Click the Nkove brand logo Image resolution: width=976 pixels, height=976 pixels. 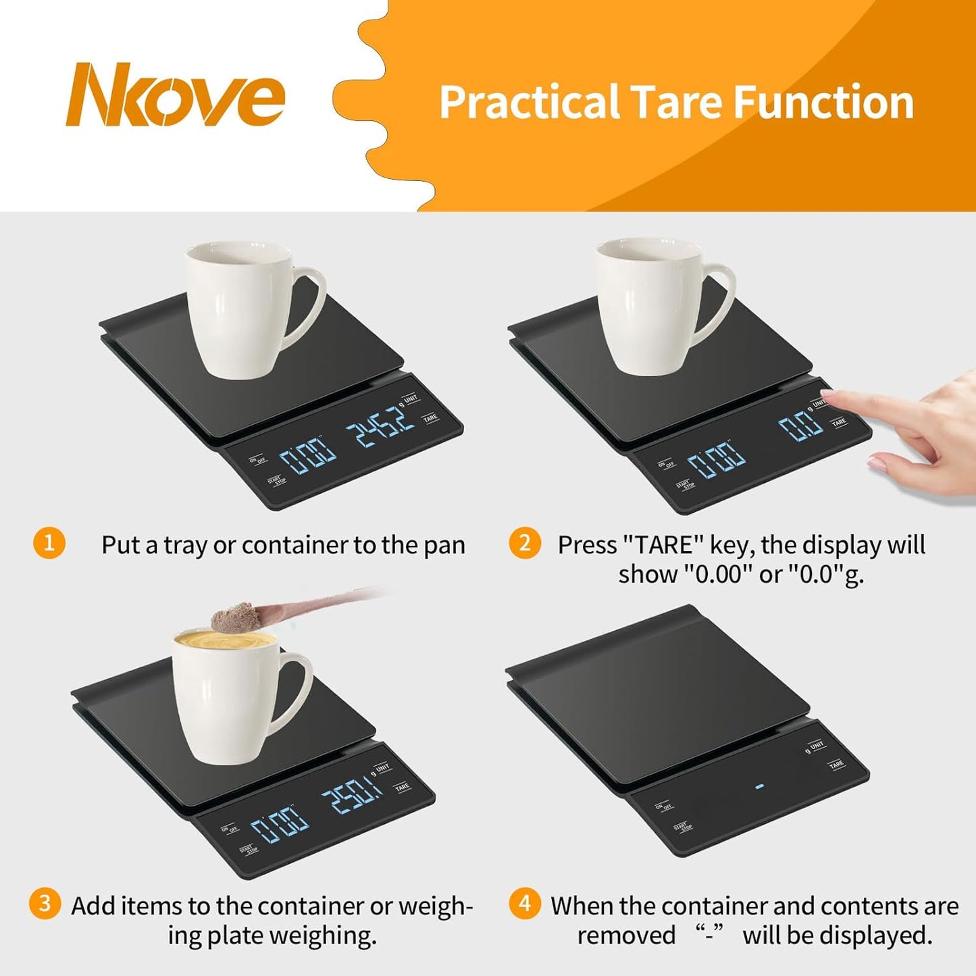[175, 95]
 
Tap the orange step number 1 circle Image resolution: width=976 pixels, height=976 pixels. [49, 543]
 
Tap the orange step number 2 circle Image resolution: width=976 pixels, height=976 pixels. [525, 543]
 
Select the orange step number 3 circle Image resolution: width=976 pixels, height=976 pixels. [45, 904]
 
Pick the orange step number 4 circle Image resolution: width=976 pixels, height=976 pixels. [525, 904]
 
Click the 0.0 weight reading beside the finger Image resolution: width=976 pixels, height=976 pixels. [801, 426]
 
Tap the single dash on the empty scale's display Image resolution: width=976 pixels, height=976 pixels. [760, 787]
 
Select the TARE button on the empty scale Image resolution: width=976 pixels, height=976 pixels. [836, 765]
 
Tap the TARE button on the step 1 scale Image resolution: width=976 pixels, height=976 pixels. [430, 419]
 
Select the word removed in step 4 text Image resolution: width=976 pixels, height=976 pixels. [625, 935]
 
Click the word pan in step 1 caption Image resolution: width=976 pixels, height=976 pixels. [445, 545]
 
